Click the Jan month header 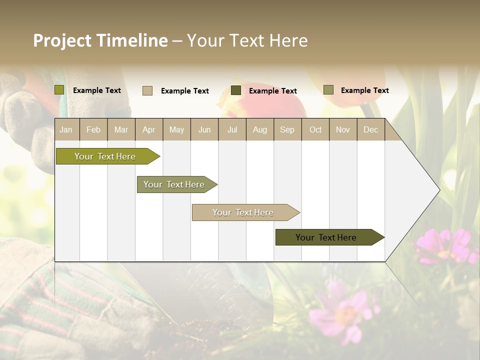(x=66, y=129)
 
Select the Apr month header (x=148, y=129)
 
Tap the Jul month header (x=232, y=129)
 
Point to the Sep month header (x=287, y=129)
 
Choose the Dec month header (x=370, y=129)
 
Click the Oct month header (x=315, y=129)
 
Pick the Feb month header (x=93, y=129)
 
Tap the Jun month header (x=204, y=129)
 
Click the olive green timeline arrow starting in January (x=105, y=156)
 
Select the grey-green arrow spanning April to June (x=174, y=184)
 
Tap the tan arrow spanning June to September (x=243, y=212)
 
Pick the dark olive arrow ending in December (x=326, y=237)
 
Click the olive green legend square (x=59, y=90)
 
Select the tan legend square (x=147, y=90)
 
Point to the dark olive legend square (x=236, y=90)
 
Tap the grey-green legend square (x=328, y=90)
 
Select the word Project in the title (x=62, y=40)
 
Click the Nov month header (x=342, y=129)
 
